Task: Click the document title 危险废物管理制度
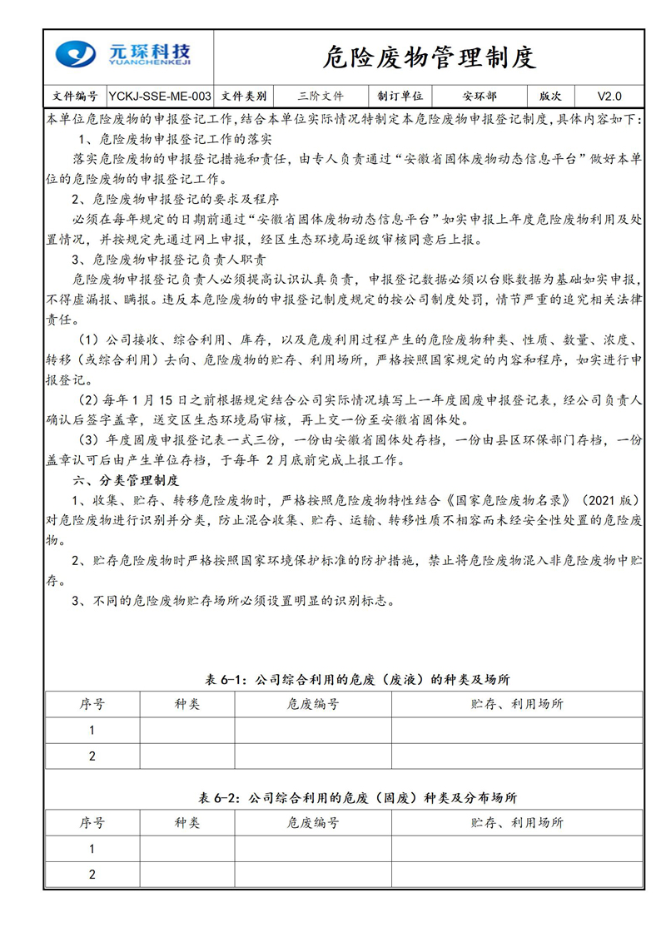click(429, 57)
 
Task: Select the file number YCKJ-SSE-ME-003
click(160, 96)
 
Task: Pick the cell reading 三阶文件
click(320, 96)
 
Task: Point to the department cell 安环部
click(480, 96)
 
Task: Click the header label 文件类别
click(245, 96)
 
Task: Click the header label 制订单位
click(400, 96)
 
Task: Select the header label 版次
click(550, 96)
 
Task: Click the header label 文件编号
click(75, 96)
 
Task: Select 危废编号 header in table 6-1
click(313, 704)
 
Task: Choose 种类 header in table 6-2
click(187, 823)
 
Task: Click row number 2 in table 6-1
click(92, 756)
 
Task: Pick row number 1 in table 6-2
click(92, 849)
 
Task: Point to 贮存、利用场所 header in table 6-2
click(516, 823)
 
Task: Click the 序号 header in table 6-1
click(92, 704)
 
